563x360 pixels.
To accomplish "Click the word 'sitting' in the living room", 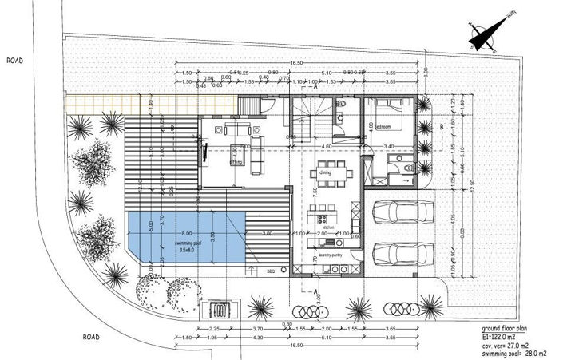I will [x=236, y=160].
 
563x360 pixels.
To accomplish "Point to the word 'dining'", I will [x=325, y=172].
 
